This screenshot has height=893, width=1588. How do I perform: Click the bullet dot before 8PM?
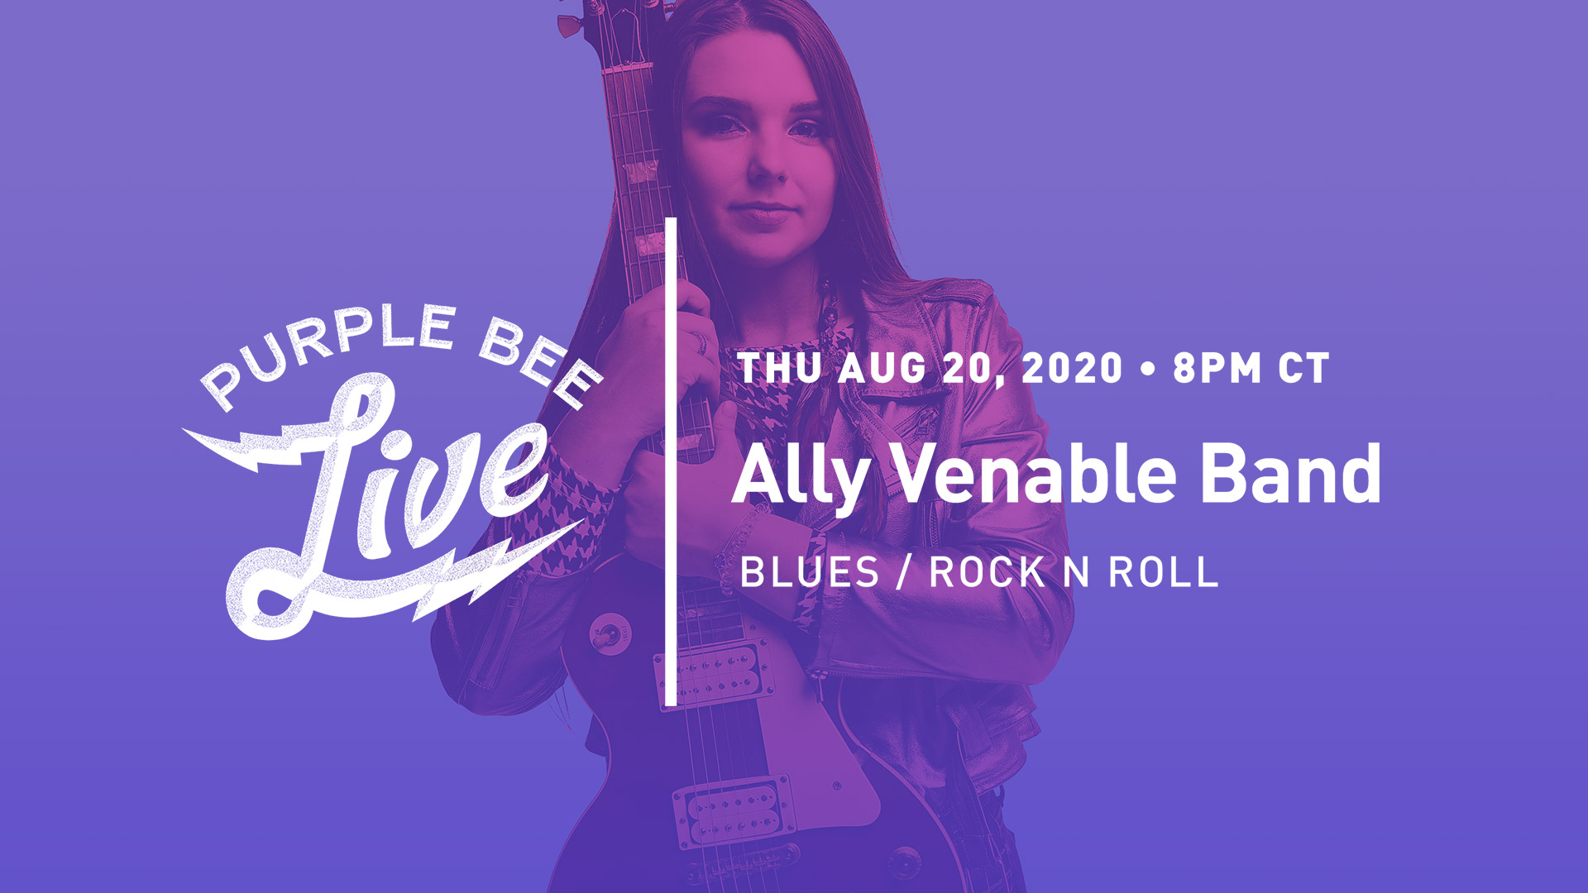click(x=1147, y=370)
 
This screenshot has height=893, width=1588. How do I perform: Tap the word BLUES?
click(x=809, y=572)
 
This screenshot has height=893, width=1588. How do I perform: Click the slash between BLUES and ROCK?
click(x=904, y=572)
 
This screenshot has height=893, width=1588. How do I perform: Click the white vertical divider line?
click(x=671, y=463)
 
